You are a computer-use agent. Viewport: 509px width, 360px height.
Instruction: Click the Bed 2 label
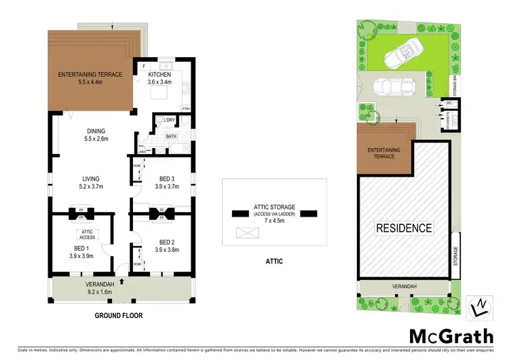pyautogui.click(x=166, y=242)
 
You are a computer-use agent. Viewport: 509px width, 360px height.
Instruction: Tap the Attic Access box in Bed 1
pyautogui.click(x=87, y=235)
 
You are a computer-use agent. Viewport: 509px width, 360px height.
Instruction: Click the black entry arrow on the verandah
pyautogui.click(x=121, y=279)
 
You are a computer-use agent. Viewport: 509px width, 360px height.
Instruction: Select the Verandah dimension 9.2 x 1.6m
pyautogui.click(x=98, y=291)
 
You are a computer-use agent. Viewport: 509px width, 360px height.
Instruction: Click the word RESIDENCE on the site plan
pyautogui.click(x=404, y=228)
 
